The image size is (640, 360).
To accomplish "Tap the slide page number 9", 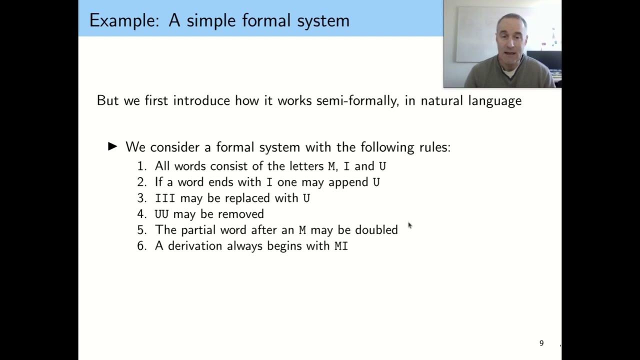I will coord(541,343).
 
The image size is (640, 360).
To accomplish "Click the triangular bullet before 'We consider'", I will coord(113,146).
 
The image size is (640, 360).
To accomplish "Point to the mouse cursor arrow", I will coord(409,225).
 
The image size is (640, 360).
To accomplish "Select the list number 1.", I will coord(141,166).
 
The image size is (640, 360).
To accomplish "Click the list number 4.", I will coord(141,214).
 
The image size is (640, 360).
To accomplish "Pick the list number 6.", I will coord(141,246).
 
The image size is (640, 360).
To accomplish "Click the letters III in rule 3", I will coord(165,198).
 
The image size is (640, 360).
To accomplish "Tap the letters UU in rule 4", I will coord(161,214).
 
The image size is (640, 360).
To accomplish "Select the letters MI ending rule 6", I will coord(341,246).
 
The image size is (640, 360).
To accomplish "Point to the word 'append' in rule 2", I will coord(348,182).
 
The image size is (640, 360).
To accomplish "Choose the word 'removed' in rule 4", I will coord(243,214).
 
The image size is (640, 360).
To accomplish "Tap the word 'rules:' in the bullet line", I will coord(434,147).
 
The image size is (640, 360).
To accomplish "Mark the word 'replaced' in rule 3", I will coord(247,198).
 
